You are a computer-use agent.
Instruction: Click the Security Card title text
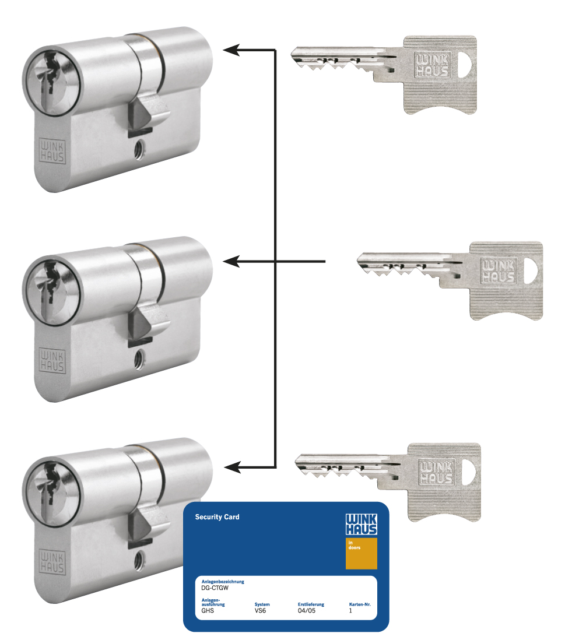click(x=217, y=517)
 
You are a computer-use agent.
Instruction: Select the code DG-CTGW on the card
click(x=215, y=588)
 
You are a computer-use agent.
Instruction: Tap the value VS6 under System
click(x=260, y=611)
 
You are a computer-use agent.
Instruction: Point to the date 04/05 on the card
click(x=307, y=611)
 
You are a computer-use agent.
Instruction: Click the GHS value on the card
click(x=208, y=611)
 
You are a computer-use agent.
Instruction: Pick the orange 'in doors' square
click(x=362, y=554)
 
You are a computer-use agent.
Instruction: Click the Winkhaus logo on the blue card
click(x=362, y=525)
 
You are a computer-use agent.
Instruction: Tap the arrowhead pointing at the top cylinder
click(x=231, y=50)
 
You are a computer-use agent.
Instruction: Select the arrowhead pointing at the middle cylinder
click(x=231, y=261)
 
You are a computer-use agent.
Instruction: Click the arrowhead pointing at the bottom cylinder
click(x=232, y=467)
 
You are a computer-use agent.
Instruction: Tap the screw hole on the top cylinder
click(x=139, y=150)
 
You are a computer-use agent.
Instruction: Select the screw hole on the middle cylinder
click(x=139, y=359)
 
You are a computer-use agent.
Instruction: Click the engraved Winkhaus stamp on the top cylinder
click(x=52, y=151)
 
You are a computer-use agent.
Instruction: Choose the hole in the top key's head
click(x=465, y=65)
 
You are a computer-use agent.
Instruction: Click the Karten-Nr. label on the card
click(x=360, y=604)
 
